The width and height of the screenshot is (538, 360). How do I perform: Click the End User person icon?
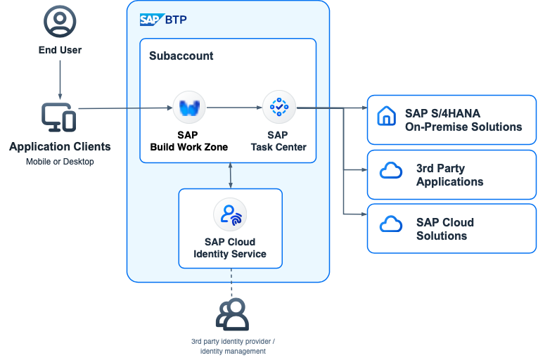(60, 22)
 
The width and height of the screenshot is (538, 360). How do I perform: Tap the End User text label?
(60, 50)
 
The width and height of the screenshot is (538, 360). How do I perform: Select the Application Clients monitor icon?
(59, 117)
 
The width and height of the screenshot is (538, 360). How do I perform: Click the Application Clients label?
(60, 147)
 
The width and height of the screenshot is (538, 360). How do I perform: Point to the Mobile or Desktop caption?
(60, 162)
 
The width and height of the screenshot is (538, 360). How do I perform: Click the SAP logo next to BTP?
(151, 20)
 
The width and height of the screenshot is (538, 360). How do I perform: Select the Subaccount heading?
(181, 56)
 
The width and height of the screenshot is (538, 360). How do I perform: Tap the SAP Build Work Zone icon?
(189, 108)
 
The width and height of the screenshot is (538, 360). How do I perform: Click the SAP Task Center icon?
(279, 108)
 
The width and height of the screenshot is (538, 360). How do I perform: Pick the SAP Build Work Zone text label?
(189, 141)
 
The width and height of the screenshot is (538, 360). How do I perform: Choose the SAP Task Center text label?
(278, 141)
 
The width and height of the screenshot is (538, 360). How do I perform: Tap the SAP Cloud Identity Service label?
(230, 247)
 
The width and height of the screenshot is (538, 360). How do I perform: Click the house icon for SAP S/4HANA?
(387, 116)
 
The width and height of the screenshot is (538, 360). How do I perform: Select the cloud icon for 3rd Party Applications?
(390, 171)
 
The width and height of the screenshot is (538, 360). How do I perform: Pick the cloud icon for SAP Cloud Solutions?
(390, 224)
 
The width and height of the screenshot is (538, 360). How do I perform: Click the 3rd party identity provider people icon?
(232, 314)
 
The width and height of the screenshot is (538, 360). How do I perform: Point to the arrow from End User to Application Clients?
(60, 79)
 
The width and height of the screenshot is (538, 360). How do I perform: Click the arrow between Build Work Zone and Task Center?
(234, 108)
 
